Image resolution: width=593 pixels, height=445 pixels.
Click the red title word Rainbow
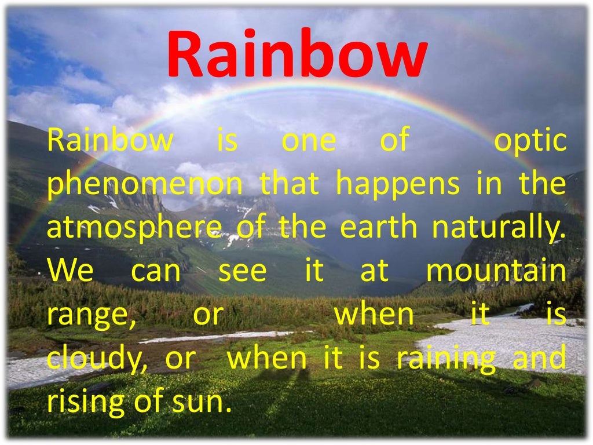coord(296,54)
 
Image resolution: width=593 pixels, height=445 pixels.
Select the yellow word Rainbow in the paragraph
coord(109,141)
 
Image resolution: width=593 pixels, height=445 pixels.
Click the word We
coord(69,271)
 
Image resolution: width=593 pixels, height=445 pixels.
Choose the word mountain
coord(496,271)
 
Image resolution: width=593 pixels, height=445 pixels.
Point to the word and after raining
coord(539,359)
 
